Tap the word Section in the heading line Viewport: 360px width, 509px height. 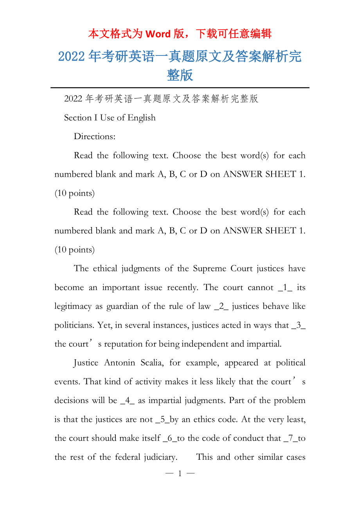[77, 118]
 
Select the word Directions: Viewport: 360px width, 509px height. [95, 136]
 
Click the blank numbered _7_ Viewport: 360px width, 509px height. [289, 438]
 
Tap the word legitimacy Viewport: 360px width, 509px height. [73, 306]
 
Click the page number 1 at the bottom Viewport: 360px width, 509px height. [180, 474]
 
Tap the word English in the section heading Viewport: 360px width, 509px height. [141, 118]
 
